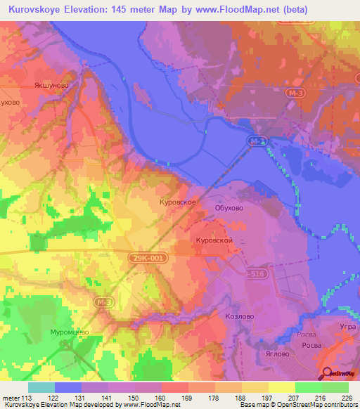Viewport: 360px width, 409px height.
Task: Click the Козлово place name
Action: click(238, 317)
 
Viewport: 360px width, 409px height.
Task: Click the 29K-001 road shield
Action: click(148, 259)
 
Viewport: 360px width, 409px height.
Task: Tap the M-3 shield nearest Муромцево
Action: click(104, 301)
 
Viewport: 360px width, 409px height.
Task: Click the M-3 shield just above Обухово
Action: click(258, 142)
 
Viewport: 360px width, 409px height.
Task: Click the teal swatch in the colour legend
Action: click(41, 387)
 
